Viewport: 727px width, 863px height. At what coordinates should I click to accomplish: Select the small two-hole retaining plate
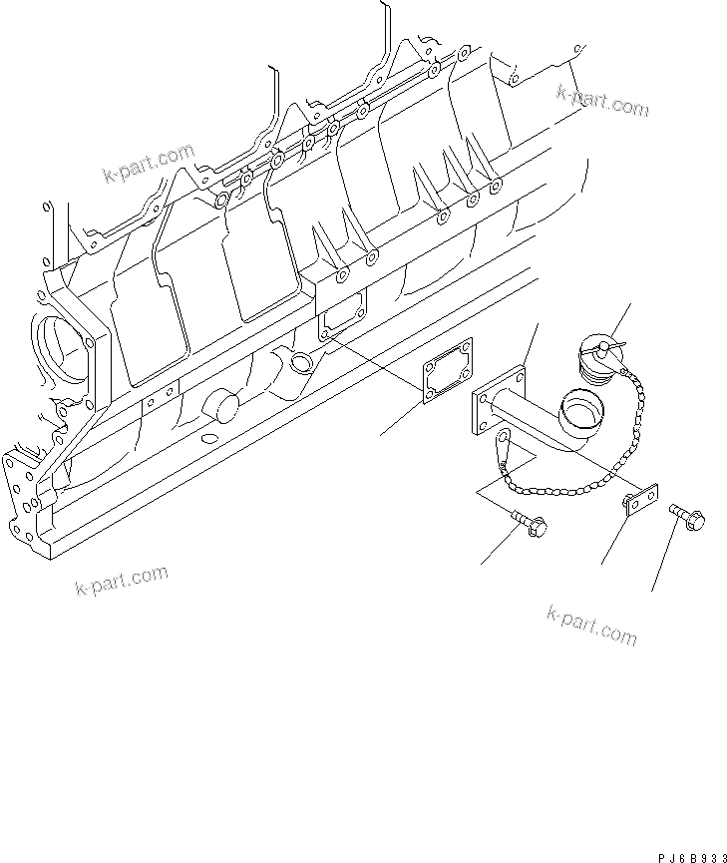[639, 501]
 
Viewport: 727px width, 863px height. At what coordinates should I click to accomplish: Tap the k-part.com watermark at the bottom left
[121, 580]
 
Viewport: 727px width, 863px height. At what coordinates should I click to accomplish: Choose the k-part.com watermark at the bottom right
[590, 624]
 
